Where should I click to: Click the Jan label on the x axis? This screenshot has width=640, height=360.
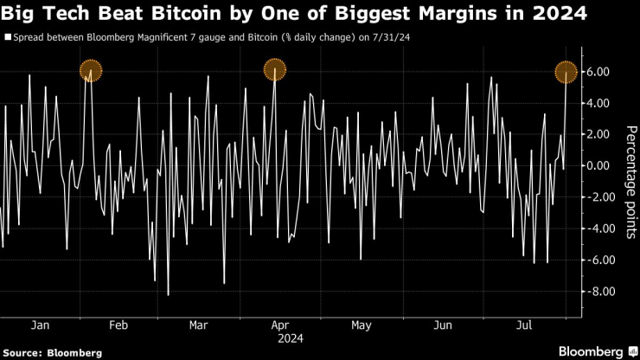[x=40, y=325]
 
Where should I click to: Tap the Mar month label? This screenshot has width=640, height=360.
[x=198, y=325]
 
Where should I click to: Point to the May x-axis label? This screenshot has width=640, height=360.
[x=362, y=325]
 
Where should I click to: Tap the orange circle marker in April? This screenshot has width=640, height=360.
[x=275, y=69]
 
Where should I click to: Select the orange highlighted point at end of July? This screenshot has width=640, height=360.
[x=566, y=72]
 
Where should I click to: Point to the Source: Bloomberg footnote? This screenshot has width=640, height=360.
[x=52, y=352]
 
